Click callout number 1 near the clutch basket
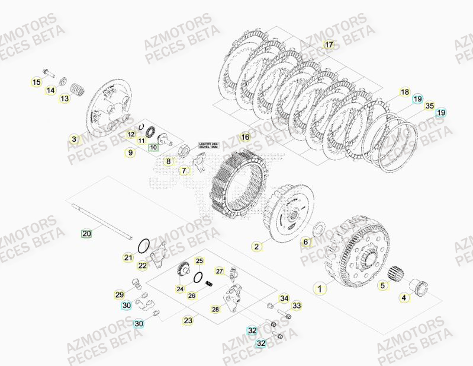(x=320, y=289)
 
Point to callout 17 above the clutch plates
(x=329, y=44)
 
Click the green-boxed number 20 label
(x=86, y=234)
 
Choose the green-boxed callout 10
(x=153, y=147)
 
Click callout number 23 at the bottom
(x=188, y=320)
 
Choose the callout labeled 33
(x=297, y=305)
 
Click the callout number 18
(x=404, y=92)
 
